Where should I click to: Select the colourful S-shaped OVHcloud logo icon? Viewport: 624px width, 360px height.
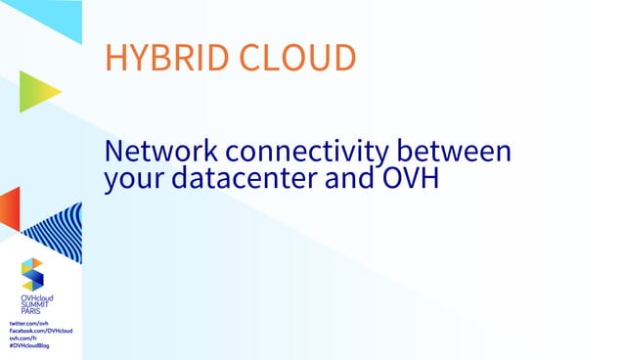[33, 273]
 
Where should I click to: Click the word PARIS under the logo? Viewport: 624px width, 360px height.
[32, 312]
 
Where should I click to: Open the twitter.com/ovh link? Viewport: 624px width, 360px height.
[29, 323]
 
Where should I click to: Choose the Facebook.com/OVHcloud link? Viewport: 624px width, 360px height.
[41, 331]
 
